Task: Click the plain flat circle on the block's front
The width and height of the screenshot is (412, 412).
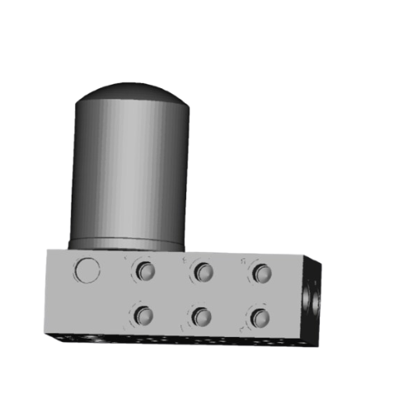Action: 87,269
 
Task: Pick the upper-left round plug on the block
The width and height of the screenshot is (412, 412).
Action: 146,271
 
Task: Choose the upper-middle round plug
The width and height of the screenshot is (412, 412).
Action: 203,271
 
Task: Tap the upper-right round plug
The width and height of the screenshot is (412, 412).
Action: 261,272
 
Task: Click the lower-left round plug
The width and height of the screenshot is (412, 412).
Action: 145,315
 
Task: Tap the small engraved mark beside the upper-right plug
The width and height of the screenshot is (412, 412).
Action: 244,262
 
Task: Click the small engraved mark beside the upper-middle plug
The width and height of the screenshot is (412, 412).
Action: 185,260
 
